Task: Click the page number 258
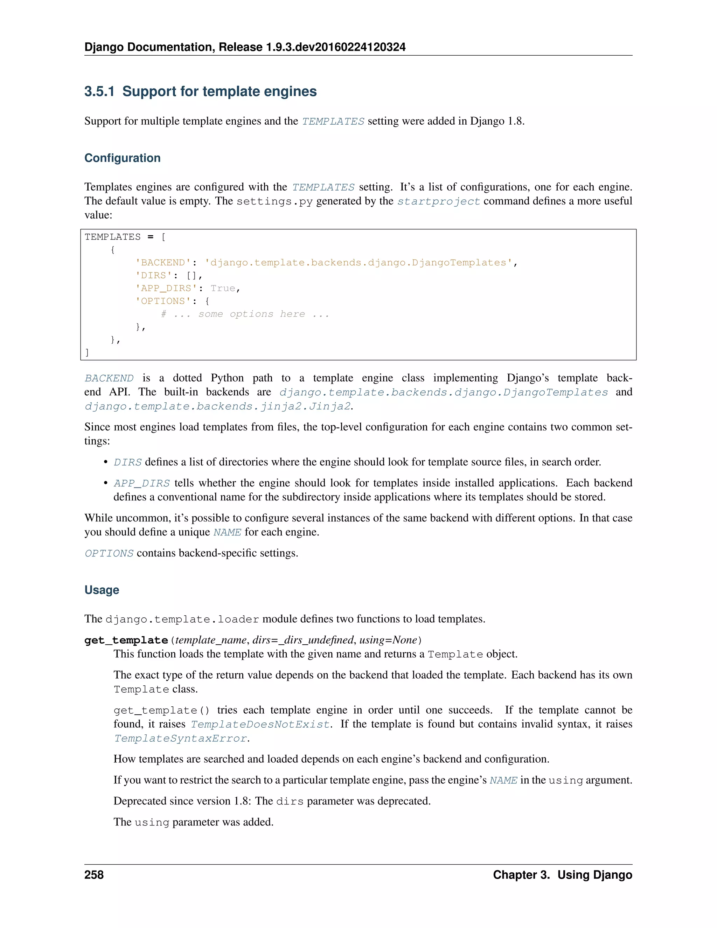point(94,874)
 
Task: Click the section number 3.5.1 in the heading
point(99,91)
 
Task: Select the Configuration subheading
point(122,158)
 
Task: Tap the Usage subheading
point(102,590)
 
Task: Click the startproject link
point(438,201)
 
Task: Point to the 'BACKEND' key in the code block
point(163,263)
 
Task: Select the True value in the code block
point(223,288)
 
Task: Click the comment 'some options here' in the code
point(245,314)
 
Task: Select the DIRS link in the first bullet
point(127,462)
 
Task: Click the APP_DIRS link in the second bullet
point(141,483)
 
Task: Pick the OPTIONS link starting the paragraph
point(109,553)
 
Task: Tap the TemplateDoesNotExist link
point(260,724)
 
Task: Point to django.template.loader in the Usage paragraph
point(182,619)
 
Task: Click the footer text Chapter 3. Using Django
point(562,874)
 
